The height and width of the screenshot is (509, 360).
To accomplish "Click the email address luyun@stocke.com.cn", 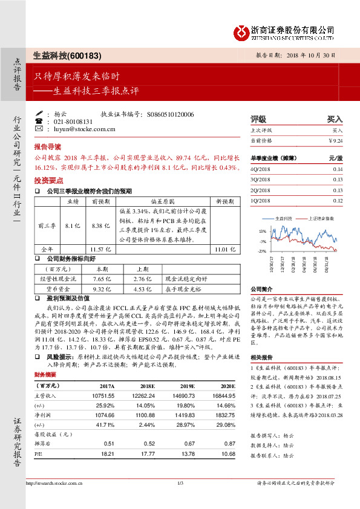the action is click(x=85, y=129).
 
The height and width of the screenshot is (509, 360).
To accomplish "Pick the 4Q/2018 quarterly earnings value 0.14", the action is click(x=337, y=169).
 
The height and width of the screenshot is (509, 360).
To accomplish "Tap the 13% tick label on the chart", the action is click(x=263, y=232).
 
